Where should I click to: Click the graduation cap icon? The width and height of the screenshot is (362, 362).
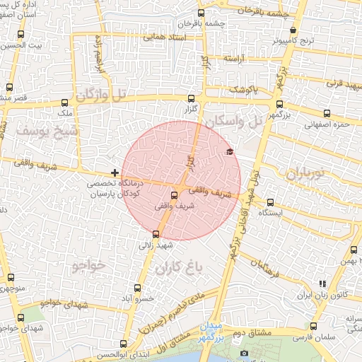click(x=228, y=152)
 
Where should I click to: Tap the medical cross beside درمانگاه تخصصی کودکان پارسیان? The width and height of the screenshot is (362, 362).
click(x=115, y=173)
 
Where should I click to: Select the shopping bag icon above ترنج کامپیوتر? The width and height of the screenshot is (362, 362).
click(x=293, y=30)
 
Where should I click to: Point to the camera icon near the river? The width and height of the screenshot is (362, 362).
click(x=244, y=353)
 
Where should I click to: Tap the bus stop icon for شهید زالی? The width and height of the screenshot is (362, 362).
click(x=156, y=234)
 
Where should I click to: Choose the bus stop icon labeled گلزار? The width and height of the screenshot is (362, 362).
click(x=192, y=100)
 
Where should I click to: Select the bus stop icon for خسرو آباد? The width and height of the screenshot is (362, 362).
click(x=137, y=288)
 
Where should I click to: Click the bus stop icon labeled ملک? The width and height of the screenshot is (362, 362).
click(x=65, y=102)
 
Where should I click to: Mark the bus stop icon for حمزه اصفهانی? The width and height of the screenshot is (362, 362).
click(x=327, y=113)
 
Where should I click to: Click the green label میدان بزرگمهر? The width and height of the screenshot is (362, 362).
click(x=228, y=332)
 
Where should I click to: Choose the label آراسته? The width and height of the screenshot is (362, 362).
click(x=235, y=59)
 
